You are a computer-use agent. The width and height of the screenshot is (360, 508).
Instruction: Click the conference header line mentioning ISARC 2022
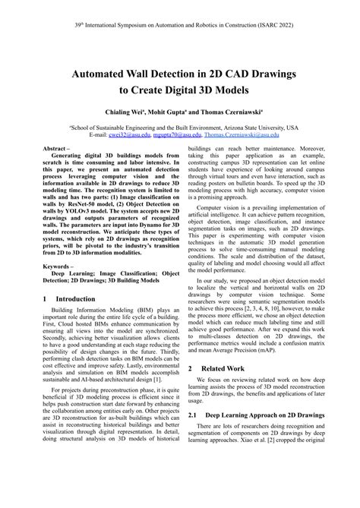180,24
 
